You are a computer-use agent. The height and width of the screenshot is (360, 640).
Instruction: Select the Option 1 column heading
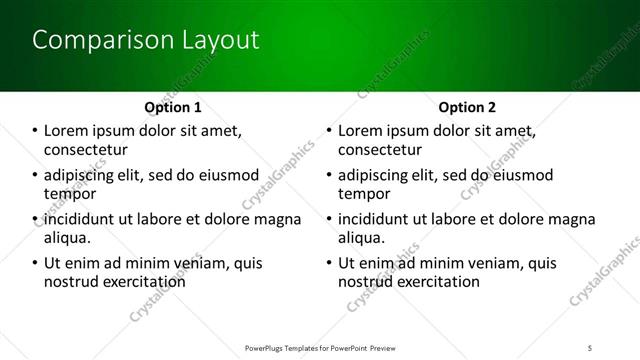[x=173, y=107]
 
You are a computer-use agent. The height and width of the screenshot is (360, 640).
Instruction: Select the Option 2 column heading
[x=467, y=107]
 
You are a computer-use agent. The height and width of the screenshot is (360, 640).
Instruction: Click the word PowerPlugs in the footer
[x=268, y=348]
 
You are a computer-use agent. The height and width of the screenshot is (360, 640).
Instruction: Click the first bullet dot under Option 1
[x=36, y=131]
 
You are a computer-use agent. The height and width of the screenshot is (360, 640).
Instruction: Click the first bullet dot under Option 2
[x=330, y=131]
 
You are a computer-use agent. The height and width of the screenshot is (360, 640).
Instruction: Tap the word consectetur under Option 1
[x=87, y=150]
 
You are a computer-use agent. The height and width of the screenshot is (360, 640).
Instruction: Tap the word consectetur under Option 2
[x=381, y=150]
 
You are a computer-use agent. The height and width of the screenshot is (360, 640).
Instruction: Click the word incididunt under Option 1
[x=85, y=219]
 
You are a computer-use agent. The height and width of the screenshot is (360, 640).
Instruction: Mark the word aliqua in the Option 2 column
[x=361, y=238]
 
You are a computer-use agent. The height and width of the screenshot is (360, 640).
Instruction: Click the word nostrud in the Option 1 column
[x=70, y=282]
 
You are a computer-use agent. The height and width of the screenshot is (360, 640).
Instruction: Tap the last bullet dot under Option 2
[x=330, y=263]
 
